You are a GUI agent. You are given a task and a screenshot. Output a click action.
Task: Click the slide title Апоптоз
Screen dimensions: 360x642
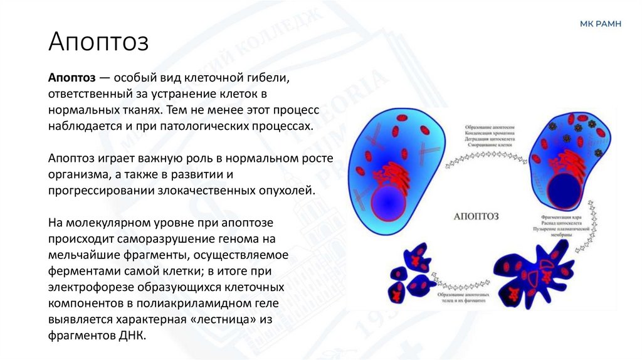click(98, 43)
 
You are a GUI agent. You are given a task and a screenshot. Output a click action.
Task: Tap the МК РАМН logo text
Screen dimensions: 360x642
click(600, 24)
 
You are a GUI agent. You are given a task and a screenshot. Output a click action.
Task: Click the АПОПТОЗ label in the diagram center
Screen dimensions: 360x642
click(475, 216)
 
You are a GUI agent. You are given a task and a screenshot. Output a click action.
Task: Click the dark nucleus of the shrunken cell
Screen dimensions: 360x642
click(566, 190)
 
